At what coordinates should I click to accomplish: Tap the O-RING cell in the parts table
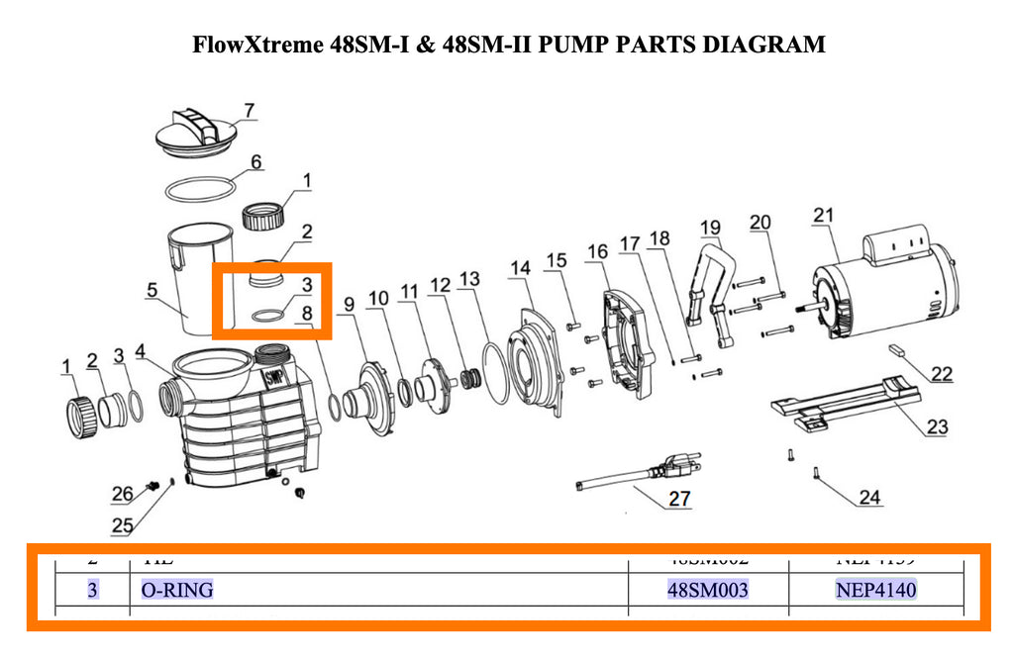[x=177, y=591]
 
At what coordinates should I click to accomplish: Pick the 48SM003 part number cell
[x=708, y=591]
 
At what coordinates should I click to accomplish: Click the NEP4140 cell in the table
[x=876, y=591]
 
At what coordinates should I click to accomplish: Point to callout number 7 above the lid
[x=249, y=110]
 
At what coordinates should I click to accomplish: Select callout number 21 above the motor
[x=823, y=215]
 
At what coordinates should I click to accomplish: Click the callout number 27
[x=678, y=499]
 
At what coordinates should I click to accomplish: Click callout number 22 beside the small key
[x=942, y=374]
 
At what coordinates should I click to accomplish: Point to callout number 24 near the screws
[x=869, y=497]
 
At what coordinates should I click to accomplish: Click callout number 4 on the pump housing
[x=140, y=351]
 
